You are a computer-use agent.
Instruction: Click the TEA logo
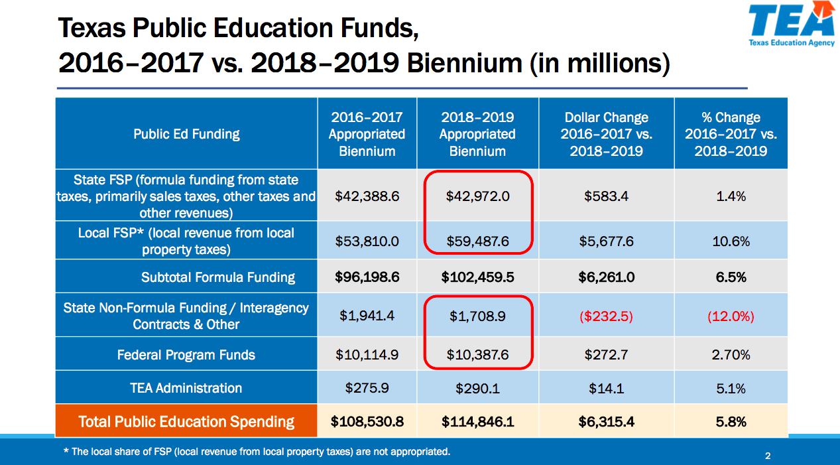(792, 24)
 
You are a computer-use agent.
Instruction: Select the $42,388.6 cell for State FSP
(367, 196)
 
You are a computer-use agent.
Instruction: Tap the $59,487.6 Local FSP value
(477, 241)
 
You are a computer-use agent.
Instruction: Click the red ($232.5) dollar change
(606, 316)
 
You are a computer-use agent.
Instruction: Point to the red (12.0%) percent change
(731, 316)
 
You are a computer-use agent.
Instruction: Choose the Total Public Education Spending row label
(186, 421)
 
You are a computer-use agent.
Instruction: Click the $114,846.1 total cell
(477, 421)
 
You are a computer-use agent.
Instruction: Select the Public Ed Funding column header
(186, 134)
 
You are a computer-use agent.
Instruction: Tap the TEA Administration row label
(186, 387)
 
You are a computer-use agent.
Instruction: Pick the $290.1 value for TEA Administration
(477, 388)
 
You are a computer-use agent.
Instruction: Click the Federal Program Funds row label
(186, 355)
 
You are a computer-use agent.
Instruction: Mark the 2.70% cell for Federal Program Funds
(731, 355)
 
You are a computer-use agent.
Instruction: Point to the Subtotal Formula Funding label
(218, 277)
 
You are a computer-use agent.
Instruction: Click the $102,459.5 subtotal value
(477, 277)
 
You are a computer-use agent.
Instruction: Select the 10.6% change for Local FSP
(731, 241)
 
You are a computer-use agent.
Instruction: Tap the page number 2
(768, 456)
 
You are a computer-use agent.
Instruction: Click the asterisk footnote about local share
(257, 451)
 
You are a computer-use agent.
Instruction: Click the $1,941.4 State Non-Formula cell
(367, 316)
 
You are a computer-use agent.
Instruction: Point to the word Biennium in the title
(464, 62)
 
